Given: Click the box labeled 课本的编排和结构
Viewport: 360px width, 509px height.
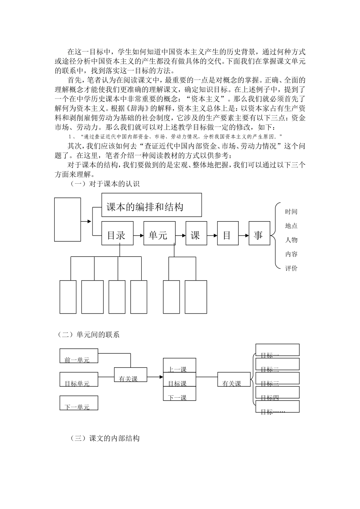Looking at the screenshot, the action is point(151,205).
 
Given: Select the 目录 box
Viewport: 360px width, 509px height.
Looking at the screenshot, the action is point(116,235).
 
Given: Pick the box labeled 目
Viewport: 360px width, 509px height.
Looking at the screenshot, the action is point(227,235).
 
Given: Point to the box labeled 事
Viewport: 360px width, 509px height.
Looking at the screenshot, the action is point(259,235).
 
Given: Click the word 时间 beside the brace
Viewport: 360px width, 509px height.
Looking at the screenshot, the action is point(291,212).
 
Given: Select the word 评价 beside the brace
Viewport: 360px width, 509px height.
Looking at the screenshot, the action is point(291,269).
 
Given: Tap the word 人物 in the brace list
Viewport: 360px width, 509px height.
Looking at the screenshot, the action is point(291,240).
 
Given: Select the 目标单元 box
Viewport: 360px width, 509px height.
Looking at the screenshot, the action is point(78,379).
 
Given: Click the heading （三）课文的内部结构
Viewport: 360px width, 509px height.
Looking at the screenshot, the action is point(105,438).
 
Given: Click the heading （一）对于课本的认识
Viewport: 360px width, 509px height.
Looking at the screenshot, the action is point(105,184).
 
